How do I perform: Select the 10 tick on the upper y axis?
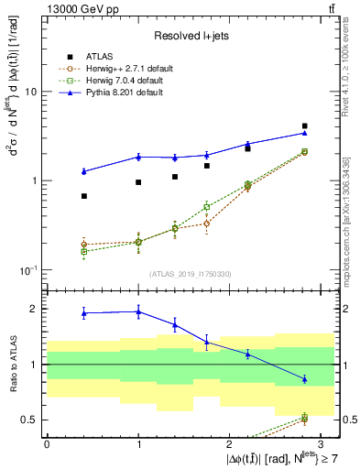pos(29,92)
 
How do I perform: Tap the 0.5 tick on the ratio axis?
pos(27,420)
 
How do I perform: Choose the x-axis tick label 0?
pos(46,443)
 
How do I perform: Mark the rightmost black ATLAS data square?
pos(305,125)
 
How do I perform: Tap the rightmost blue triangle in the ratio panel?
pos(305,378)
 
